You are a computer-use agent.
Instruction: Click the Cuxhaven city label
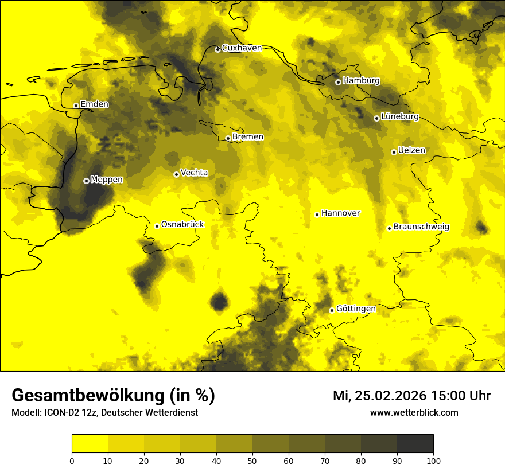pyautogui.click(x=242, y=48)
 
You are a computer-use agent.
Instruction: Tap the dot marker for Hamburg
pyautogui.click(x=338, y=82)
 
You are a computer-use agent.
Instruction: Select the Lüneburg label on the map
pyautogui.click(x=400, y=116)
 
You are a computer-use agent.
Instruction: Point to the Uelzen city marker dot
pyautogui.click(x=394, y=152)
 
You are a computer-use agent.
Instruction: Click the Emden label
pyautogui.click(x=95, y=104)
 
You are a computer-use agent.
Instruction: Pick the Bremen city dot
pyautogui.click(x=228, y=138)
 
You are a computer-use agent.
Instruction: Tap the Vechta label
pyautogui.click(x=194, y=173)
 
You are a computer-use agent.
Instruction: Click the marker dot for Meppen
pyautogui.click(x=86, y=181)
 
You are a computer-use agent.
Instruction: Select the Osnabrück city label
pyautogui.click(x=182, y=224)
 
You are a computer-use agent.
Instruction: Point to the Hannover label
pyautogui.click(x=341, y=213)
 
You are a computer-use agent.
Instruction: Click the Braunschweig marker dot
pyautogui.click(x=389, y=228)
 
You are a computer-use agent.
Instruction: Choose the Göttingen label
pyautogui.click(x=356, y=309)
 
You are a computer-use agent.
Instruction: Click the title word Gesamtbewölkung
pyautogui.click(x=86, y=396)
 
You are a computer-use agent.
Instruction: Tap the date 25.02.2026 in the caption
pyautogui.click(x=390, y=396)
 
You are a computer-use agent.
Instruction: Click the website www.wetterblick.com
pyautogui.click(x=414, y=412)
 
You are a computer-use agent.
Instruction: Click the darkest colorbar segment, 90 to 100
pyautogui.click(x=415, y=444)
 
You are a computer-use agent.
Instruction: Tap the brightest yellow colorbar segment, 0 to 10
pyautogui.click(x=90, y=444)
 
